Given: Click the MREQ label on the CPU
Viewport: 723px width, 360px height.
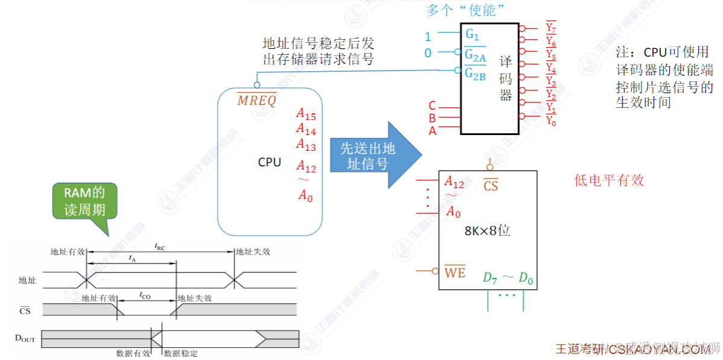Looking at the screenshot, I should pos(256,101).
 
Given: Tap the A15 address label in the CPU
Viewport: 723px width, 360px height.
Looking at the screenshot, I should pos(306,114).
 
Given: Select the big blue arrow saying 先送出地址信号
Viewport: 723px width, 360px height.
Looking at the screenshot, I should pos(374,156).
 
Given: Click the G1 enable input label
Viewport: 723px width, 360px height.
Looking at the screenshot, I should pos(472,35).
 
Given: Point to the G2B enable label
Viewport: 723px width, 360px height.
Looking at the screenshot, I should pos(475,75).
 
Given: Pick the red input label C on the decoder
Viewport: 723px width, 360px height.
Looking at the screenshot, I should pos(432,106).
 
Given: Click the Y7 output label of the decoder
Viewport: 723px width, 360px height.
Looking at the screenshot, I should pos(551,28).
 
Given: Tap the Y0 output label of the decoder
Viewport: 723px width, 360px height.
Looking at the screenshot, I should pos(551,121).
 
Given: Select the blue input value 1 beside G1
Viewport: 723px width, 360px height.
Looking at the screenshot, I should pos(428,37).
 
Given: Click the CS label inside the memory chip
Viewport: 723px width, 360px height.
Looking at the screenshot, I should pos(491,186).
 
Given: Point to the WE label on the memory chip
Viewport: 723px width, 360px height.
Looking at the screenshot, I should pos(455,273).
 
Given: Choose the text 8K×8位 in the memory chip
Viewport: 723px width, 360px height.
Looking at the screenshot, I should pos(487,230).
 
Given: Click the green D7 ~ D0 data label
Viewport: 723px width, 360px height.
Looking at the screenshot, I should pos(508,278).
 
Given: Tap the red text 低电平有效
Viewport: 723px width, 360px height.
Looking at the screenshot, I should pos(609,180).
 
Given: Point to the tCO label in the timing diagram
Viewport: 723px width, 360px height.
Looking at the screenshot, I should pos(145,295).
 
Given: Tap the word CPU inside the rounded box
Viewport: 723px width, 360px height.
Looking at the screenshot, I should pos(270,162).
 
